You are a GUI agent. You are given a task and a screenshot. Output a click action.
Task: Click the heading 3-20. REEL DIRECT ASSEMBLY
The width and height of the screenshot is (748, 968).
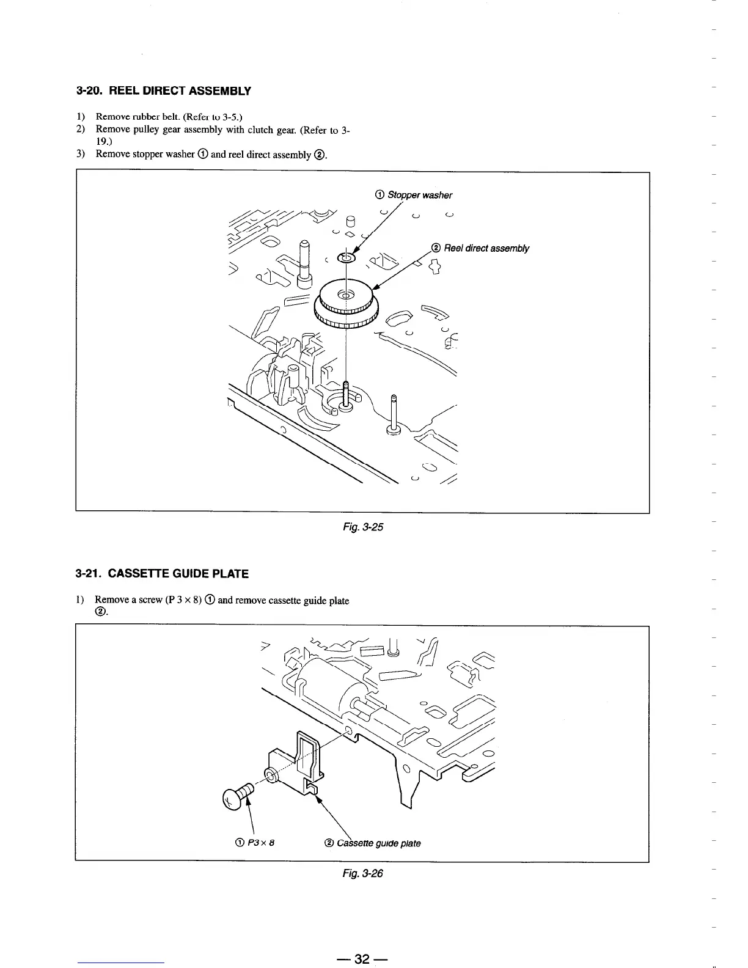(163, 91)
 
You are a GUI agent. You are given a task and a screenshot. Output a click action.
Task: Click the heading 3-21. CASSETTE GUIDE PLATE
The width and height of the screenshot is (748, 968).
(162, 574)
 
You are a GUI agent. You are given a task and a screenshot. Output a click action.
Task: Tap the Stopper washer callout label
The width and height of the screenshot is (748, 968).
(414, 195)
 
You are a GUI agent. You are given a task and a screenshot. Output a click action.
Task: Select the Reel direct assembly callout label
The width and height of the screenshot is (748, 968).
(480, 248)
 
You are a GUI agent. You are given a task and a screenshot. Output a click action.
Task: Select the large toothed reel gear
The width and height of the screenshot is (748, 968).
(346, 302)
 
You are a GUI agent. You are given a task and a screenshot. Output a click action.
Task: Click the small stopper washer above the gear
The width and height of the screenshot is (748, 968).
(345, 259)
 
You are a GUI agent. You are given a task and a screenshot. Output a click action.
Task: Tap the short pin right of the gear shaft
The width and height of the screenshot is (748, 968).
(393, 413)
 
